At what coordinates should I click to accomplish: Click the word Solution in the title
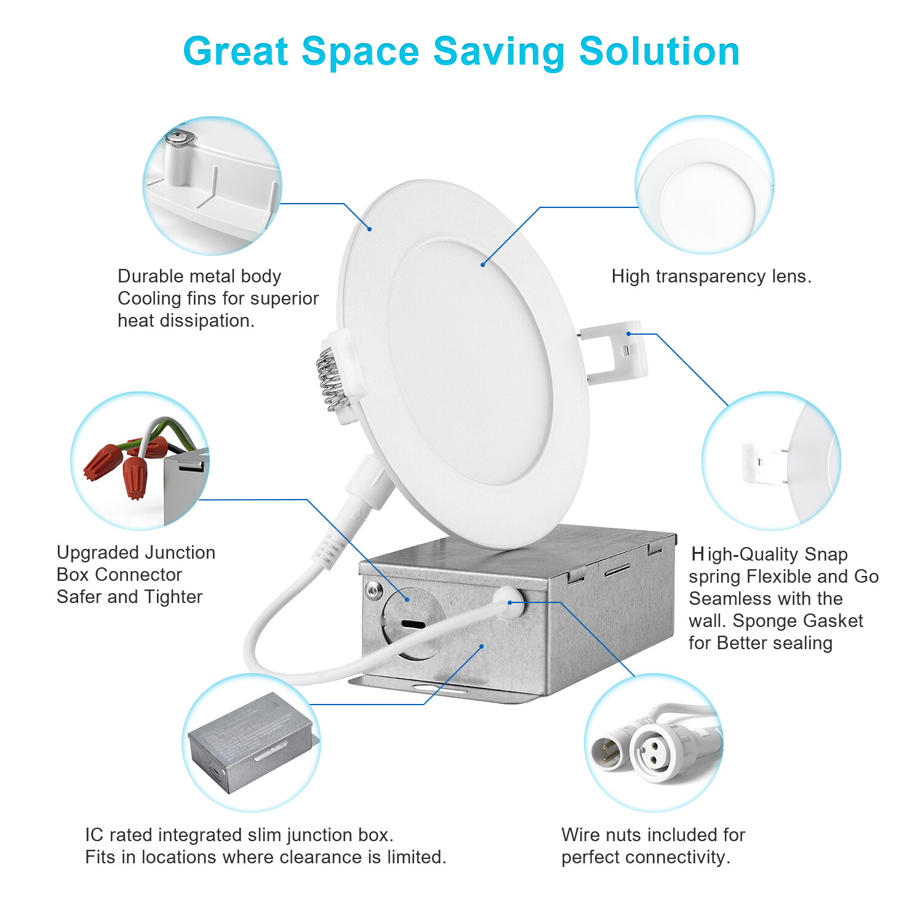659,51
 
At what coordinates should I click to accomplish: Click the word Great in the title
236,51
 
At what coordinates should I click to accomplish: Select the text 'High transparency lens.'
711,276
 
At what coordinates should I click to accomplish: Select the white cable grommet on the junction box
510,602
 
